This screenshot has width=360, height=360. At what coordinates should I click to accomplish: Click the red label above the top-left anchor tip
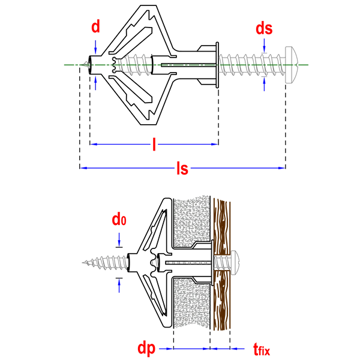click(95, 26)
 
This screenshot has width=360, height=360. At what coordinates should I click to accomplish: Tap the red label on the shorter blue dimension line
click(154, 144)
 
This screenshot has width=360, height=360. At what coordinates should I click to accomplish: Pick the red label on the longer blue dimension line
click(182, 169)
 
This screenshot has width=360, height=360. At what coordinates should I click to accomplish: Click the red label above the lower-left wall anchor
click(119, 220)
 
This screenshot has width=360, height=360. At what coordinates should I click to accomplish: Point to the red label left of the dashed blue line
click(146, 349)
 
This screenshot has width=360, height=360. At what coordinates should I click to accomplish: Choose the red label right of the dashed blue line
click(260, 349)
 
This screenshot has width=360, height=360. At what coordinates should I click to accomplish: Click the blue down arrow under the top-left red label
click(95, 47)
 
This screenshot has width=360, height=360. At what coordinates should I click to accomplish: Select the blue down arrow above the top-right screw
click(264, 46)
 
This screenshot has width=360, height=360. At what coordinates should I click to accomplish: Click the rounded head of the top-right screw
click(292, 65)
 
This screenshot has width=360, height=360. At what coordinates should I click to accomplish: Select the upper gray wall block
click(192, 220)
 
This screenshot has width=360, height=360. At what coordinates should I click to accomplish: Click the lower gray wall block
click(192, 304)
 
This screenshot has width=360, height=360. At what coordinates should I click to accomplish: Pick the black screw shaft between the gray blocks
click(186, 262)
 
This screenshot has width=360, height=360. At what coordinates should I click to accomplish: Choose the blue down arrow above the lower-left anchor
click(119, 239)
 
